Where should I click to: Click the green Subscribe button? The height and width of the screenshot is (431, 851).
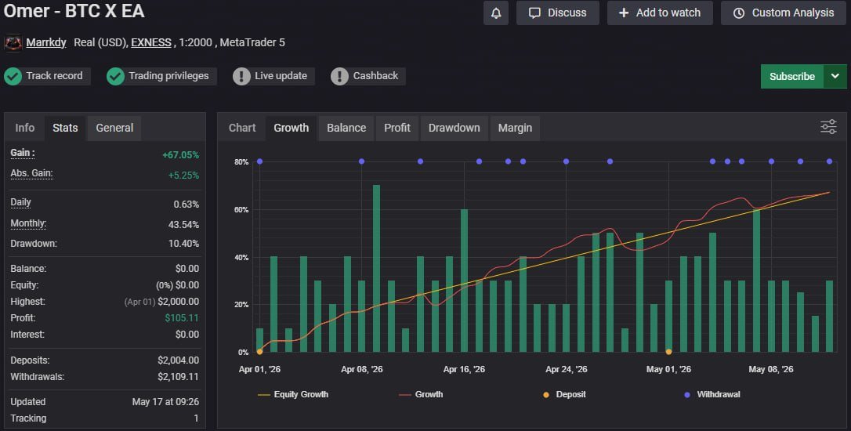[x=792, y=77]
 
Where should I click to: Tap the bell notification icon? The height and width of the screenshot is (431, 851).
[x=496, y=13]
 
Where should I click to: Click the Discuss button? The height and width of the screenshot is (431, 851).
[x=558, y=13]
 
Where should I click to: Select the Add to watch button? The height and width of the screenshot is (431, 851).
[x=660, y=13]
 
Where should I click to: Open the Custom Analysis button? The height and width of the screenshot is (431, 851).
[x=784, y=13]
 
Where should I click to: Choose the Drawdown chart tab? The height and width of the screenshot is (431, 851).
[x=454, y=128]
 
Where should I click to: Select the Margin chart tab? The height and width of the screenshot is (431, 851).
[x=515, y=128]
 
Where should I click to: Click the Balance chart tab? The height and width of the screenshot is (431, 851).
[x=346, y=128]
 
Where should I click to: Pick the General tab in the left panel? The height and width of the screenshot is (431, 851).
[x=114, y=128]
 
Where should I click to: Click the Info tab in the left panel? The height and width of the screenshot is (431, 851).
[x=25, y=128]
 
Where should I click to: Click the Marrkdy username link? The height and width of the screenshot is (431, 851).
[x=46, y=42]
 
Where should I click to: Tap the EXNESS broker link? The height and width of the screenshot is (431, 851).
[x=151, y=42]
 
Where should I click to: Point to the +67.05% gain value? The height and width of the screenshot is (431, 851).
[x=181, y=154]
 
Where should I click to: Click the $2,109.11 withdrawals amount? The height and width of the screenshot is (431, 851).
[x=179, y=377]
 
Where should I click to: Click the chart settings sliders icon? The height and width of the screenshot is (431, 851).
[x=829, y=127]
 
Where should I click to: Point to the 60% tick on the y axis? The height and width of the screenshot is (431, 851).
[x=241, y=209]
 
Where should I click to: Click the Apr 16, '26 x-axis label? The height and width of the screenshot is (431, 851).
[x=464, y=369]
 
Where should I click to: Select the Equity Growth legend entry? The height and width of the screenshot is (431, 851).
[x=293, y=395]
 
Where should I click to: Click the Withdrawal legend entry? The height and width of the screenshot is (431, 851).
[x=712, y=395]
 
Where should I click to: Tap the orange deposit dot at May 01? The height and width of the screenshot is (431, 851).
[x=668, y=352]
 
